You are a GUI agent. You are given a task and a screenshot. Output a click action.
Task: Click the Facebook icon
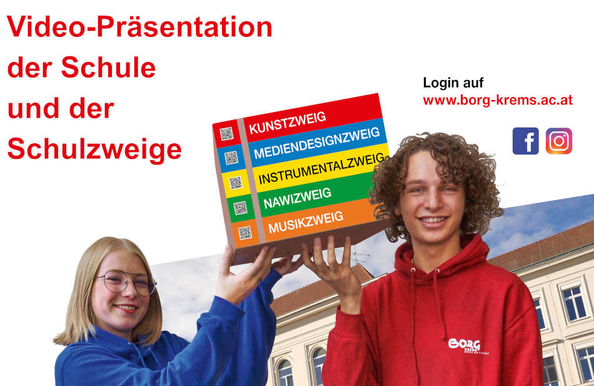[x=525, y=141]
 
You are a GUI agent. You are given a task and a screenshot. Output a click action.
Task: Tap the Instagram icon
[x=559, y=141]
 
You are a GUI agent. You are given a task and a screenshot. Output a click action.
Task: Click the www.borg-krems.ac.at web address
[x=498, y=101]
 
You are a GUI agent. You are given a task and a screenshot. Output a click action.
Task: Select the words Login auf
[x=453, y=83]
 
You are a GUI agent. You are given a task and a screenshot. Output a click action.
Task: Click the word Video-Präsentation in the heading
[x=139, y=27]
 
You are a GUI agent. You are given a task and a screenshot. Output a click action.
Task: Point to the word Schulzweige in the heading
[x=94, y=149]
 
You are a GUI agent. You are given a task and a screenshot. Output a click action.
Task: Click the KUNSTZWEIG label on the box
[x=287, y=123]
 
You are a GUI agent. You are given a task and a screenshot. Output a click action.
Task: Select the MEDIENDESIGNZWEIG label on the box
[x=317, y=143]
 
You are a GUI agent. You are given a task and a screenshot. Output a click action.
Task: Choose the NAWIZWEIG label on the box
[x=298, y=198]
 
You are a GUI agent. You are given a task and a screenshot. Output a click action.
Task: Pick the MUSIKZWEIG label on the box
[x=306, y=222]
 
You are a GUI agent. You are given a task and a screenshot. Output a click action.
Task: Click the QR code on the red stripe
[x=226, y=133]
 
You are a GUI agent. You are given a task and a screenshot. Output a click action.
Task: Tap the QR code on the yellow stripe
[x=236, y=183]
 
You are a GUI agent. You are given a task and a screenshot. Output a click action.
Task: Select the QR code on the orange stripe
[x=244, y=233]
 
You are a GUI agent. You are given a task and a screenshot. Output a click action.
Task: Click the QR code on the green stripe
[x=240, y=208]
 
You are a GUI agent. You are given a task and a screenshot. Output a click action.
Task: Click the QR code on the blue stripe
[x=231, y=158]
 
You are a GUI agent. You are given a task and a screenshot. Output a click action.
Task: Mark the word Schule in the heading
[x=108, y=68]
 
